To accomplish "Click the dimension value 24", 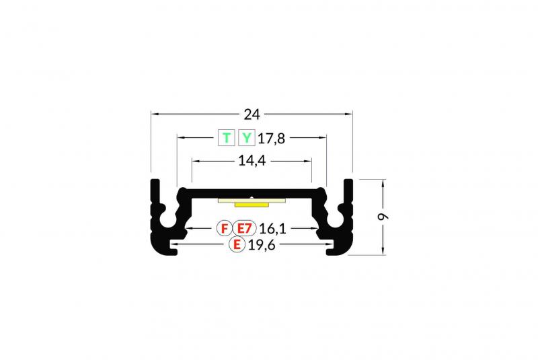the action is (252, 114).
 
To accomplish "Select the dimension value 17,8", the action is (271, 139).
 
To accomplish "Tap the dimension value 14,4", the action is (252, 161).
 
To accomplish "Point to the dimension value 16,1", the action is (272, 229).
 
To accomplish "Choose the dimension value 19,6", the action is (262, 246).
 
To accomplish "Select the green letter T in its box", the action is (227, 138).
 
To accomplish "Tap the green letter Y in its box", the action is (247, 138).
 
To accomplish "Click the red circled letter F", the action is (225, 228).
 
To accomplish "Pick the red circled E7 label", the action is (245, 228).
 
